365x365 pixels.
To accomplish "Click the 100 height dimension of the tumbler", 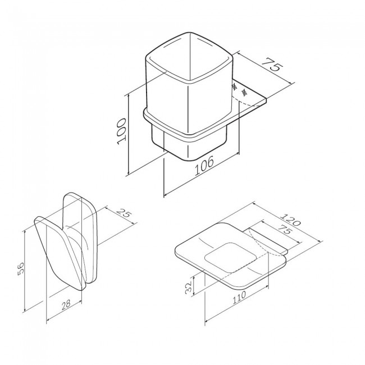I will [x=122, y=131].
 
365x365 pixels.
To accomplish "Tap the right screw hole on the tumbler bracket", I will [x=244, y=91].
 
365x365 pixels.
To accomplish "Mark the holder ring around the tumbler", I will [x=168, y=125].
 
